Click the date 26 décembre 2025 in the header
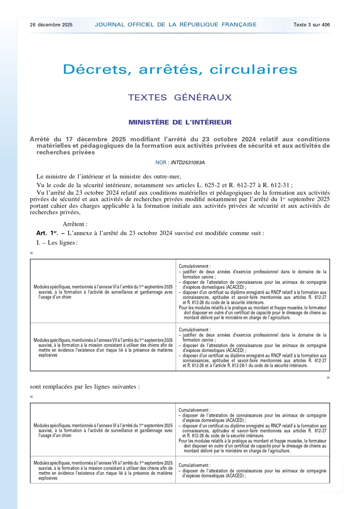[51, 25]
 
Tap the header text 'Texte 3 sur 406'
[311, 25]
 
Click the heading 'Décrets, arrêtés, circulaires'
[180, 69]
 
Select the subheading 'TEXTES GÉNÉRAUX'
[180, 97]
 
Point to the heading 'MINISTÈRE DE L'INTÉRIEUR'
[180, 122]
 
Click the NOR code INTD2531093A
[188, 163]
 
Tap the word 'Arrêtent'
[75, 224]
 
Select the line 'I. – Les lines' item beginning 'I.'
[57, 243]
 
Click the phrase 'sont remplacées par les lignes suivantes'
[85, 387]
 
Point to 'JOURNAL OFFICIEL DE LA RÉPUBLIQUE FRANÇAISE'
[175, 25]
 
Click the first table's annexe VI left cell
[103, 292]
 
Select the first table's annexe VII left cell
[103, 348]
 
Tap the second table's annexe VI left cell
[103, 430]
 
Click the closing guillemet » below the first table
[328, 377]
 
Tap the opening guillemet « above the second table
[32, 396]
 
